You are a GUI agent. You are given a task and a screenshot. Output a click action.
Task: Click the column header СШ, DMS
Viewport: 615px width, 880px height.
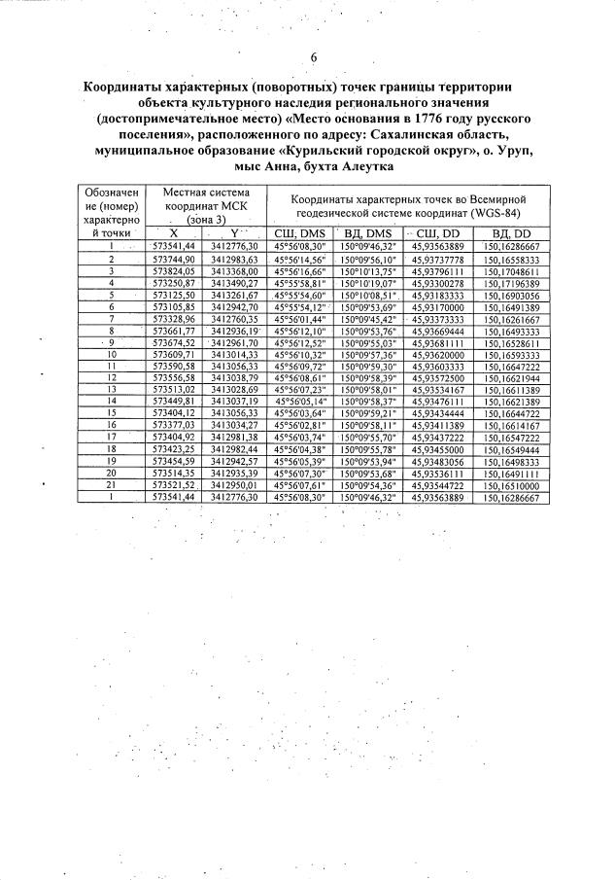pyautogui.click(x=300, y=234)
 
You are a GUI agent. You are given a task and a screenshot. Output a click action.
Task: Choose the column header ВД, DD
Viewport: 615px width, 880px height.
pyautogui.click(x=510, y=234)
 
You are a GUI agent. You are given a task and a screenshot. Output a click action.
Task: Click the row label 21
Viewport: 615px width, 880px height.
pyautogui.click(x=112, y=483)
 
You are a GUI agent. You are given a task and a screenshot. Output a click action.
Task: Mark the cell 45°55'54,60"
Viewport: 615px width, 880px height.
pyautogui.click(x=300, y=295)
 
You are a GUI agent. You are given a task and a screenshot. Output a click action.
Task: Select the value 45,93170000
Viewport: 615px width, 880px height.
pyautogui.click(x=441, y=307)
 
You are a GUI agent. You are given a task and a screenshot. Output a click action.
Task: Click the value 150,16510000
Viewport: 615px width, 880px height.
pyautogui.click(x=510, y=483)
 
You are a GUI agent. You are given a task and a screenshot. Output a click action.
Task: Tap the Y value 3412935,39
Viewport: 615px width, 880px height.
pyautogui.click(x=234, y=472)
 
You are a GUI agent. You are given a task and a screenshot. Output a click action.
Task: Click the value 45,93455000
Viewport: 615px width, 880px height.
pyautogui.click(x=441, y=447)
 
